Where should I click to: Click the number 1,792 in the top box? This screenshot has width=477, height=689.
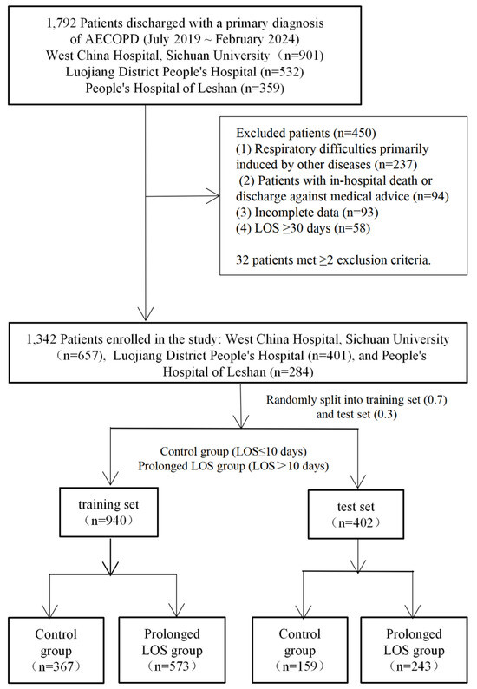59,23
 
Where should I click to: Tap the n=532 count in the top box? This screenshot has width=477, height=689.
281,72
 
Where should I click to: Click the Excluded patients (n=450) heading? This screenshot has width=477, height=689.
305,133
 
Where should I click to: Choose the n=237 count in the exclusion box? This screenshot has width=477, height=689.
395,165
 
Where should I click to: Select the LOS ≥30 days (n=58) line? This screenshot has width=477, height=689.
303,228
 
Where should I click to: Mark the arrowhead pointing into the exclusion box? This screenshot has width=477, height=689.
213,196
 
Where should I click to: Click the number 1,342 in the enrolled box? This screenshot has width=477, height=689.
42,339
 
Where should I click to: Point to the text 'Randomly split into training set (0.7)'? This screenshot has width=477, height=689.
356,400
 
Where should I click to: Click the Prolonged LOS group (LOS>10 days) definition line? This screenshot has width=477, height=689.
233,466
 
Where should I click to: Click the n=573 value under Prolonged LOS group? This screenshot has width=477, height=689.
173,666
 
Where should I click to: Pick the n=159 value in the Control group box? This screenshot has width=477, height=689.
300,666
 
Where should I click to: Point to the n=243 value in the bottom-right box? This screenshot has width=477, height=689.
414,666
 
